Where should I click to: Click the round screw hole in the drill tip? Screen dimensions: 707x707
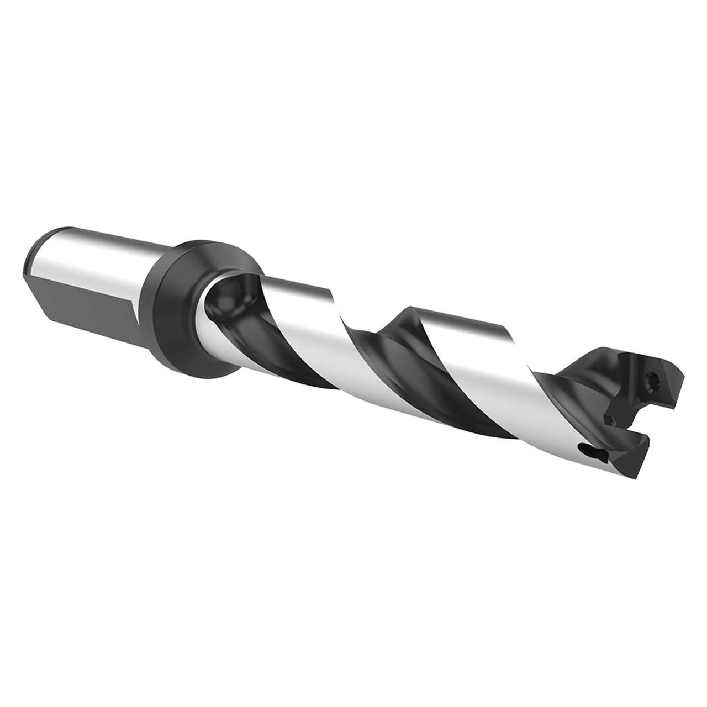coord(653,379)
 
